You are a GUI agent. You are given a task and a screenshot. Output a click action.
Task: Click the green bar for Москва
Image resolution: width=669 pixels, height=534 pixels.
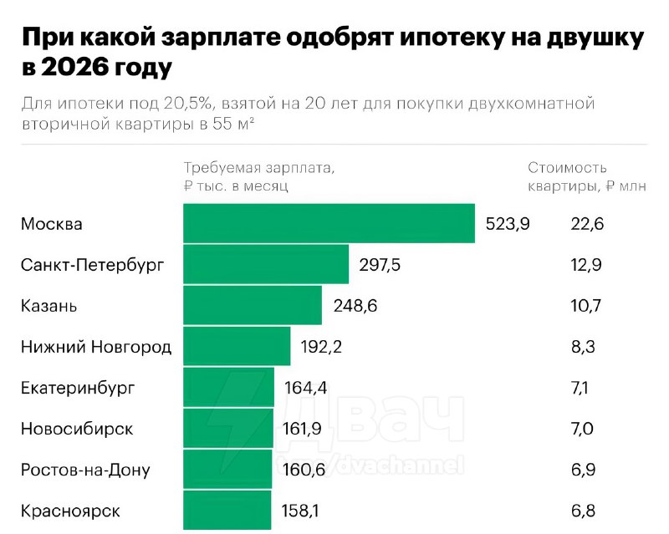coord(329,224)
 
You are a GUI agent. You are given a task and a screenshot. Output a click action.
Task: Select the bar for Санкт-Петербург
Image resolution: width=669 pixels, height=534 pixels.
coord(266,265)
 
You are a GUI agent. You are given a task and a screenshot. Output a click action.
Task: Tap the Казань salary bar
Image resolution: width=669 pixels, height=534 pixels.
coord(253,306)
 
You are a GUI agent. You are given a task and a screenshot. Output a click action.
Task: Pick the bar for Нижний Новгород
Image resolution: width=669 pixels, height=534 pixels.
coord(237,347)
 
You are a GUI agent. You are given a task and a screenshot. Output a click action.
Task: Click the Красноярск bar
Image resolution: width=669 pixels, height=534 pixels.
coord(227,510)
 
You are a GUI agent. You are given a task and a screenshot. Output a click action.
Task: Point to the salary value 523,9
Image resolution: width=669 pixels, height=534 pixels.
coord(508,225)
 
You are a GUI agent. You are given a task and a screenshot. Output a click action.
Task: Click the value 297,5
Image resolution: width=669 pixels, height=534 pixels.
coord(380,266)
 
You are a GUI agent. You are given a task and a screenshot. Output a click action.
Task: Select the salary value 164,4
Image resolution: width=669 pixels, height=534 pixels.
coord(305,388)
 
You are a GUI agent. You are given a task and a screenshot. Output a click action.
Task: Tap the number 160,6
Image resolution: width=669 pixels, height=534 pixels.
coord(303,470)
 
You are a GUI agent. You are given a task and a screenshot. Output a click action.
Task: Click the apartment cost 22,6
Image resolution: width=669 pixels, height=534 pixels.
coord(586,225)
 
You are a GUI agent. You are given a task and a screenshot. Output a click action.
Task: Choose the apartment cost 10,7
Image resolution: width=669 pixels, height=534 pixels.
coord(585,306)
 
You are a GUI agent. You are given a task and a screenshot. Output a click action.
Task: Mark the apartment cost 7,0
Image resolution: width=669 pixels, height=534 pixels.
coord(582,429)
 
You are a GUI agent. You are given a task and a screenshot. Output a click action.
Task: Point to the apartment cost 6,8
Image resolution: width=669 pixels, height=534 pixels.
coord(582,511)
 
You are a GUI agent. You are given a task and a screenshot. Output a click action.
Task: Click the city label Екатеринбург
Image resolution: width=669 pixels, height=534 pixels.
coord(77,389)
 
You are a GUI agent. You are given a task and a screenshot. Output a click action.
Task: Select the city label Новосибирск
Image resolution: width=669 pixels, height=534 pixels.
coord(77,429)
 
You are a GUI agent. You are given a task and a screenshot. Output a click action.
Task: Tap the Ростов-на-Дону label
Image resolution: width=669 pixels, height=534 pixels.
coord(85,470)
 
